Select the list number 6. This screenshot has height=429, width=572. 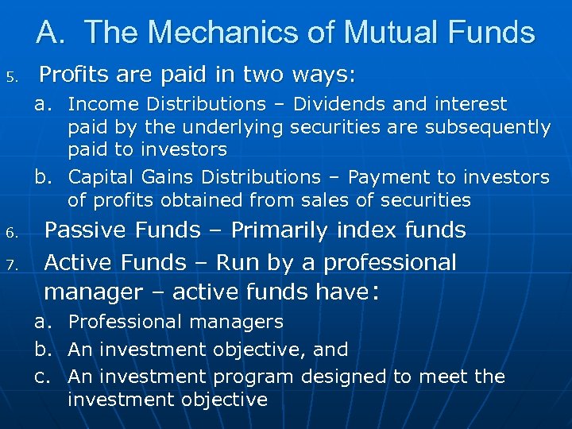point(12,233)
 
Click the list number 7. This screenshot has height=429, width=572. point(12,265)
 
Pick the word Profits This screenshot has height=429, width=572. point(75,75)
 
